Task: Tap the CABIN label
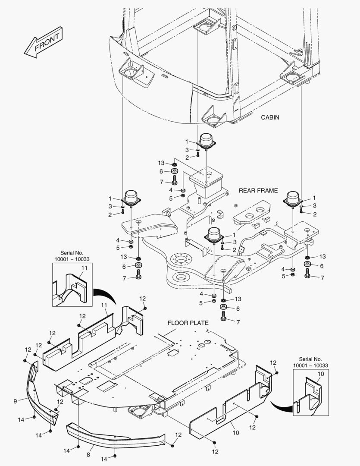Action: [270, 117]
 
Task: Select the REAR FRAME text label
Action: [258, 190]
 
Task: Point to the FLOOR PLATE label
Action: [188, 322]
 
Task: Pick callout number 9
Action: [15, 401]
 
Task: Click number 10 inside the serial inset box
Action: [321, 374]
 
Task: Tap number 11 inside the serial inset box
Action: [85, 268]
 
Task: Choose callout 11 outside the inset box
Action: [104, 305]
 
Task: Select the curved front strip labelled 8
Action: [114, 436]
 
